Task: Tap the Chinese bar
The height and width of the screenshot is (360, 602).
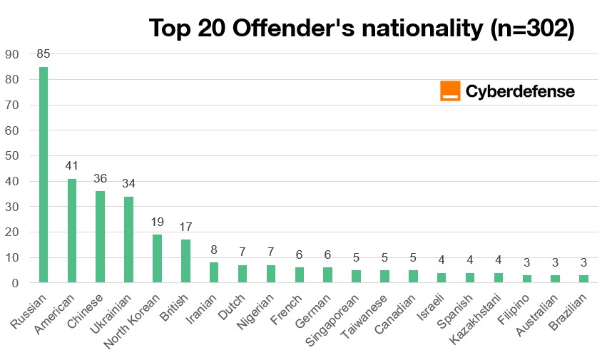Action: pyautogui.click(x=101, y=237)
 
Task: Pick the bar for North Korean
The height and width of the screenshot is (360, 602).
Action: pyautogui.click(x=157, y=258)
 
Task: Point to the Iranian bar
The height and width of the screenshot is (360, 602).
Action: pyautogui.click(x=213, y=272)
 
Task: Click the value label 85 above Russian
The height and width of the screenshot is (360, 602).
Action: pyautogui.click(x=44, y=53)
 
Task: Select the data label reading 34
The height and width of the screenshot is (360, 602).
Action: pyautogui.click(x=128, y=183)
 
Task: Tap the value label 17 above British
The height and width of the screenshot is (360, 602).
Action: pyautogui.click(x=185, y=227)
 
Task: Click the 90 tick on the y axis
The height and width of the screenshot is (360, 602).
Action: pyautogui.click(x=12, y=54)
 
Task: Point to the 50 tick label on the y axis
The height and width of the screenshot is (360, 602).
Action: pyautogui.click(x=12, y=156)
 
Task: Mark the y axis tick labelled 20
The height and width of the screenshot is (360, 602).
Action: pyautogui.click(x=12, y=232)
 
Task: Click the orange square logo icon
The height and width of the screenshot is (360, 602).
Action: pyautogui.click(x=450, y=91)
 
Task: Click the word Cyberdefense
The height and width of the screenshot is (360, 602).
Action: pyautogui.click(x=520, y=91)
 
